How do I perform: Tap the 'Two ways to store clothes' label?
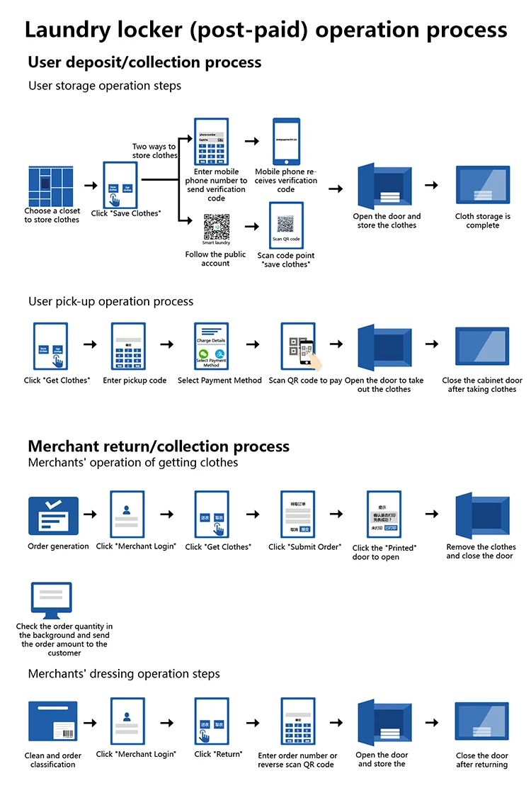tap(154, 151)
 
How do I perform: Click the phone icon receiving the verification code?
tap(286, 141)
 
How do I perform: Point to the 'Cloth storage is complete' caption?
tap(482, 221)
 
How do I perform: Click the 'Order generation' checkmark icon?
tap(53, 515)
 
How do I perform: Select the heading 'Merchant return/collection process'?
tap(159, 446)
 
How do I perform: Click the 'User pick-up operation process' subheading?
tap(110, 301)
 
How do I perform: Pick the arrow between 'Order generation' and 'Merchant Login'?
tap(90, 513)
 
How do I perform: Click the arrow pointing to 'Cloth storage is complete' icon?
tap(431, 185)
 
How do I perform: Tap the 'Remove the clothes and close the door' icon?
tap(482, 515)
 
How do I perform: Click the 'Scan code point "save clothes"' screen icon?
tap(286, 225)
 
